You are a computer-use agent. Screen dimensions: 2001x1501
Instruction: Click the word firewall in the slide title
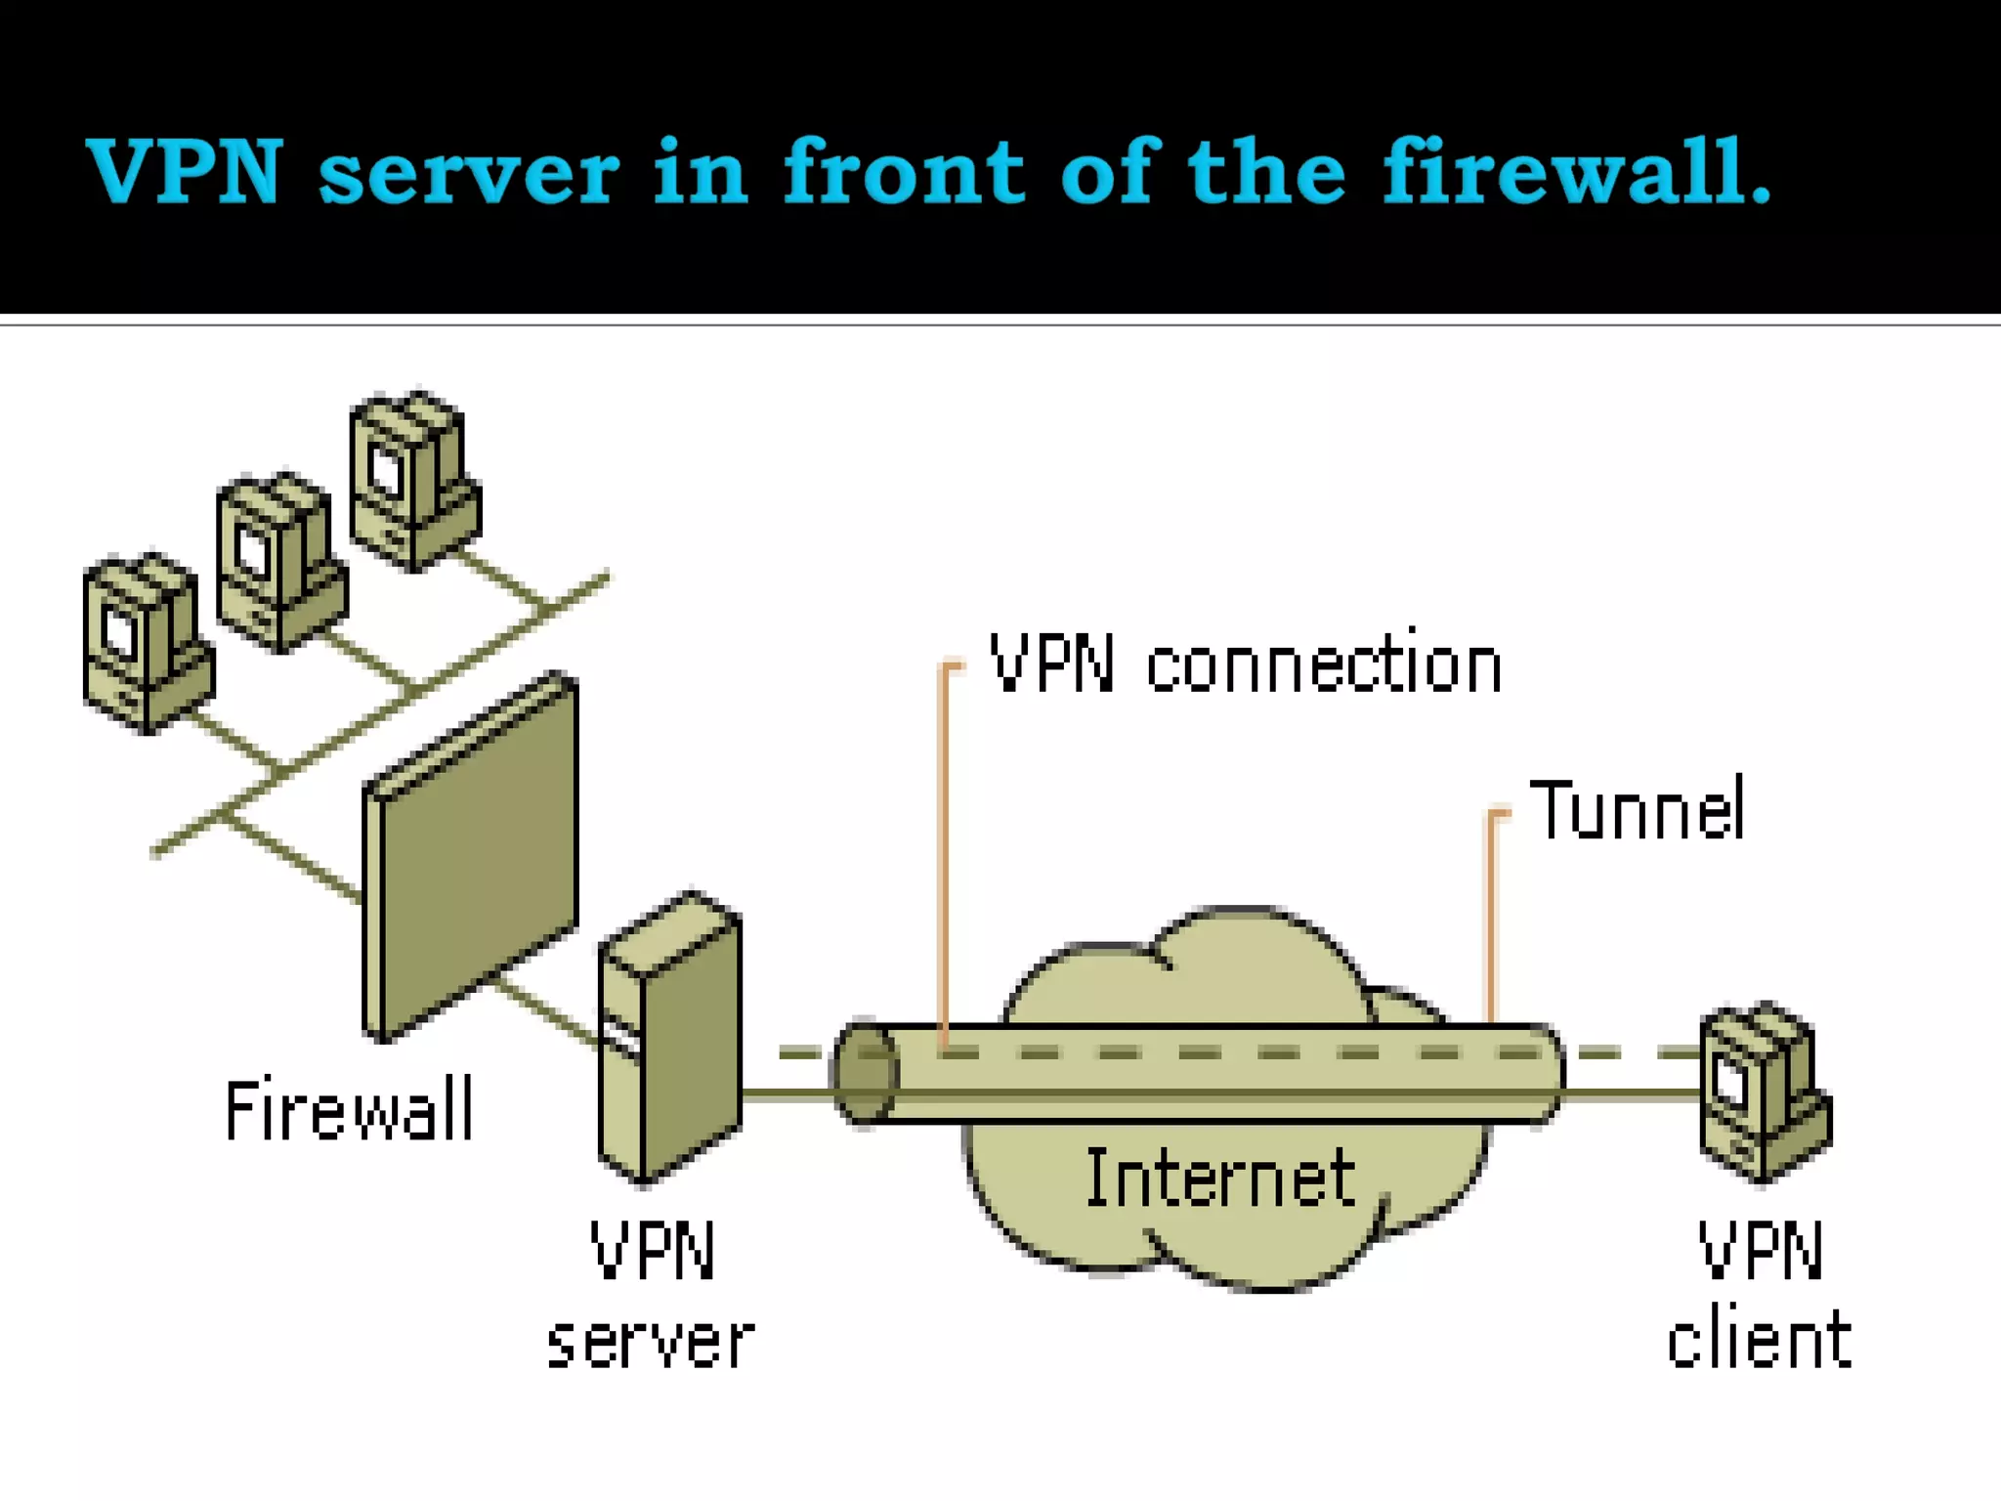pos(1576,170)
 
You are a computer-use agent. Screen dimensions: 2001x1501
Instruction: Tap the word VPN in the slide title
pos(185,171)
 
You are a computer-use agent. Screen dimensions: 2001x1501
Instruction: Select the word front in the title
pos(904,170)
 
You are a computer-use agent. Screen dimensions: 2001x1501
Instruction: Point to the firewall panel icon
pos(470,857)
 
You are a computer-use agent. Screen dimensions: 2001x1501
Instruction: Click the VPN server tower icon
pos(670,1038)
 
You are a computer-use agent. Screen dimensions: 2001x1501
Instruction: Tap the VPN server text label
pos(651,1294)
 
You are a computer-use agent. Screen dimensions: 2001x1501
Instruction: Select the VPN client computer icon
pos(1766,1092)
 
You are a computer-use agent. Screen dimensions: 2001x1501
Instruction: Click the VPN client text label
pos(1760,1293)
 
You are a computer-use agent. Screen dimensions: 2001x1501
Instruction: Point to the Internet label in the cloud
pos(1220,1178)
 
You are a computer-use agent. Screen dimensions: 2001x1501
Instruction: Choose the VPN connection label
pos(1246,664)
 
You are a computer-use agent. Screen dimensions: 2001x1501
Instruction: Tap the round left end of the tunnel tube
pos(865,1073)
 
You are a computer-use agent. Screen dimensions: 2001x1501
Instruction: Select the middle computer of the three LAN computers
pos(281,562)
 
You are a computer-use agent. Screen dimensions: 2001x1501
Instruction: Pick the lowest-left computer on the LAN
pos(149,643)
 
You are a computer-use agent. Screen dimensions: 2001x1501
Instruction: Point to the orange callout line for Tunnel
pos(1492,914)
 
